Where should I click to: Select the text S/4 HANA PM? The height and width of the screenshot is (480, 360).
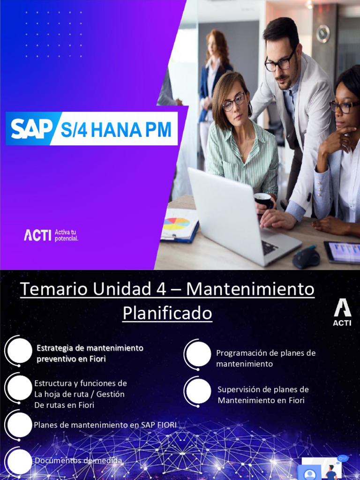pyautogui.click(x=116, y=129)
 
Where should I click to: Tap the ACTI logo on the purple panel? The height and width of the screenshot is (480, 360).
pyautogui.click(x=37, y=234)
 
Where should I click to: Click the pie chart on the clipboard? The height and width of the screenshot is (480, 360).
pyautogui.click(x=176, y=224)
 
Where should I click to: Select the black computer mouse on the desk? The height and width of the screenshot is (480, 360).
pyautogui.click(x=306, y=258)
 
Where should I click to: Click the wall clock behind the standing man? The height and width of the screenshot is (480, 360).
pyautogui.click(x=323, y=34)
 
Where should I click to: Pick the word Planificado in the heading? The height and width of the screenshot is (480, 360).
pyautogui.click(x=167, y=313)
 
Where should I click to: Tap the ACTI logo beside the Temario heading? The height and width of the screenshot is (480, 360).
pyautogui.click(x=342, y=313)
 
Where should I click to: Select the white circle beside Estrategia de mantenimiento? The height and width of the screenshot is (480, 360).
pyautogui.click(x=20, y=351)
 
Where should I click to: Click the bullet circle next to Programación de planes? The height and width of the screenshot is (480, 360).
pyautogui.click(x=198, y=354)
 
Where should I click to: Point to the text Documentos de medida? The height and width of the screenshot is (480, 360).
pyautogui.click(x=78, y=461)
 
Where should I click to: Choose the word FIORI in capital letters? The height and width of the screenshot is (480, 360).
pyautogui.click(x=165, y=425)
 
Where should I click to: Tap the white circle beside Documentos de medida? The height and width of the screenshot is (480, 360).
pyautogui.click(x=20, y=461)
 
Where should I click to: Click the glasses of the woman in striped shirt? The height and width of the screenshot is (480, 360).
pyautogui.click(x=233, y=102)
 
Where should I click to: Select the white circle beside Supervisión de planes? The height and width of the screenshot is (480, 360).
pyautogui.click(x=198, y=391)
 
